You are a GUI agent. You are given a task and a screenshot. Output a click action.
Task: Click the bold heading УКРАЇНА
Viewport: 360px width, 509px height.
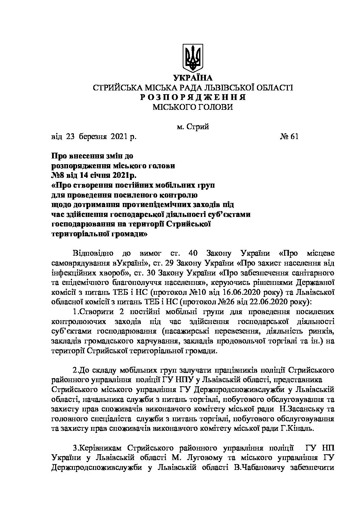click(x=193, y=78)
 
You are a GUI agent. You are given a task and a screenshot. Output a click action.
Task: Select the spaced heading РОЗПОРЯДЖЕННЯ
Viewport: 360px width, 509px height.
click(x=193, y=97)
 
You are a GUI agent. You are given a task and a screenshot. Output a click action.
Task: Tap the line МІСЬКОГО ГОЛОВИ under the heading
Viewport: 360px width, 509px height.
click(x=193, y=107)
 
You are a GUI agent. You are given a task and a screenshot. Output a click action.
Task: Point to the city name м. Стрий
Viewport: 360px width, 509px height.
click(x=193, y=127)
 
